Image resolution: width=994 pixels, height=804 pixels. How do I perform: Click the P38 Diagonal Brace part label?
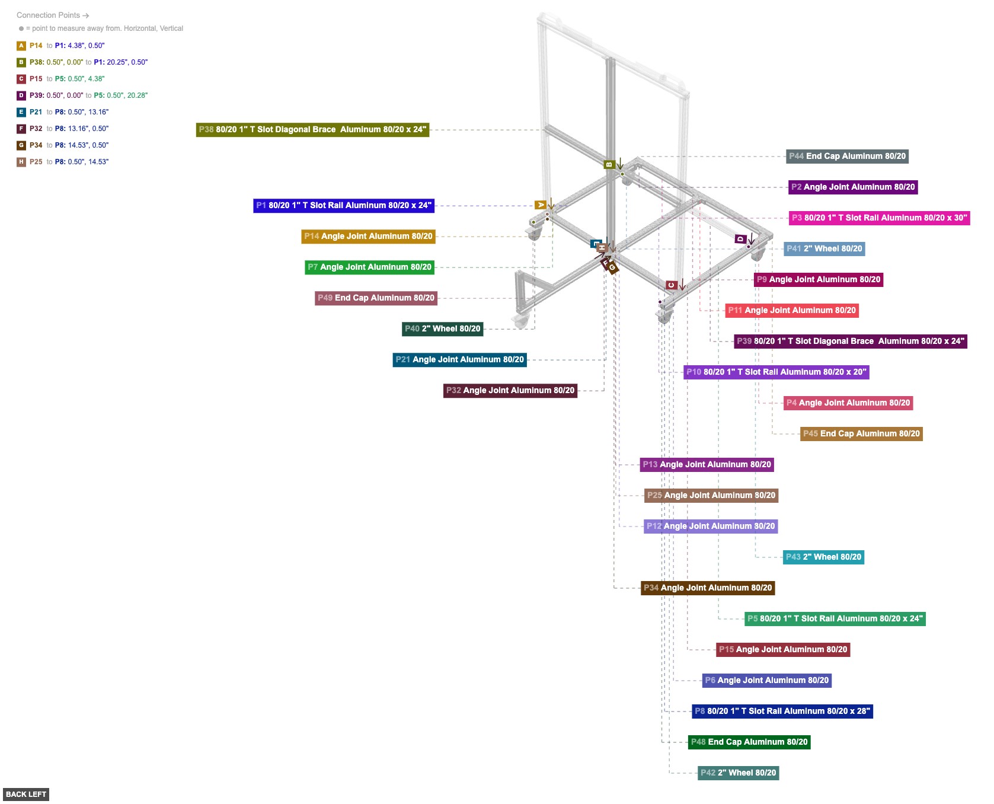pyautogui.click(x=312, y=130)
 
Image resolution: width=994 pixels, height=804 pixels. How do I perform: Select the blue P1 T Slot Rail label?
pyautogui.click(x=344, y=206)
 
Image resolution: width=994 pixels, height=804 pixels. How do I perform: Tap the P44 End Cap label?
pyautogui.click(x=847, y=157)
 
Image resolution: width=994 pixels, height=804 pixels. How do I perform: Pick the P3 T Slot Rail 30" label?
pyautogui.click(x=879, y=218)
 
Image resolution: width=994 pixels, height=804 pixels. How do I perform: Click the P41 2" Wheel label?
pyautogui.click(x=824, y=249)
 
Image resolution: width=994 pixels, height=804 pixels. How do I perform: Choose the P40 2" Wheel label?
pyautogui.click(x=442, y=329)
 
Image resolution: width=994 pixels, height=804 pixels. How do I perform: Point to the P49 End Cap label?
pyautogui.click(x=376, y=298)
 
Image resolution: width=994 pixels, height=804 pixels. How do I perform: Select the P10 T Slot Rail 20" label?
pyautogui.click(x=776, y=372)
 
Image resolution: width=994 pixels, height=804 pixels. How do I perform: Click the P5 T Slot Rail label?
pyautogui.click(x=835, y=619)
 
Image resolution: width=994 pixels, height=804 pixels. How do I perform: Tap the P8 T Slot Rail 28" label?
pyautogui.click(x=782, y=712)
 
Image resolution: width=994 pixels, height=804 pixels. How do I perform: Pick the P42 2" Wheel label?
pyautogui.click(x=738, y=773)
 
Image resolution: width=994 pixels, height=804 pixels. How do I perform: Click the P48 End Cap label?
pyautogui.click(x=749, y=742)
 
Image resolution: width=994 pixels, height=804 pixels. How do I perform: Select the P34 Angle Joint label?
pyautogui.click(x=708, y=588)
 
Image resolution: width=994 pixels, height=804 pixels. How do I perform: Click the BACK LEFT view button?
pyautogui.click(x=26, y=795)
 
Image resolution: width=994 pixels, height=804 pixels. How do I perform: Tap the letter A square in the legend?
pyautogui.click(x=21, y=46)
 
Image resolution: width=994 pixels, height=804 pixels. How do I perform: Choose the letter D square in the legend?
pyautogui.click(x=21, y=95)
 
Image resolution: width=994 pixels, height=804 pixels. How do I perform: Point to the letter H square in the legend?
pyautogui.click(x=21, y=162)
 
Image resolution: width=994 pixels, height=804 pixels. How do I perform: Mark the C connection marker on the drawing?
pyautogui.click(x=671, y=285)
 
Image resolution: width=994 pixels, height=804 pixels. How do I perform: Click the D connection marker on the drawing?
pyautogui.click(x=740, y=239)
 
